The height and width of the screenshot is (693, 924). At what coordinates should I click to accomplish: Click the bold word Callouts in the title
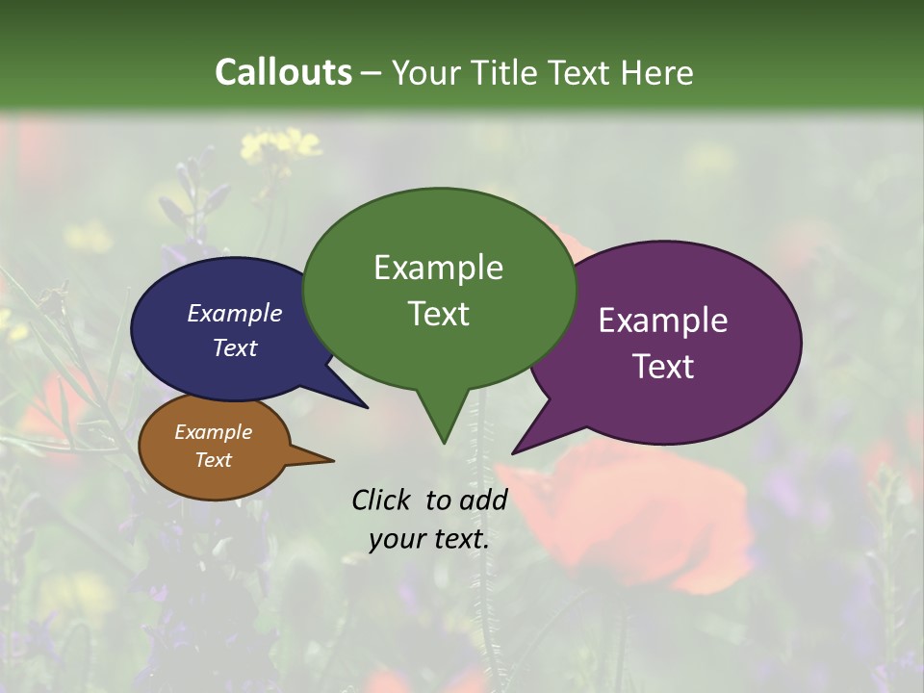pos(283,72)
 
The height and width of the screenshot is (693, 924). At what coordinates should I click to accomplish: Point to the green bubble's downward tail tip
pos(444,442)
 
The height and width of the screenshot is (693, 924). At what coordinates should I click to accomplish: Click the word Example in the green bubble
pos(438,268)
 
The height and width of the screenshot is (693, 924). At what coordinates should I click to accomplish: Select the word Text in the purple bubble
pos(663,367)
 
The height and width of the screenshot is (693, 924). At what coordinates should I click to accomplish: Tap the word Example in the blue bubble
pos(234,313)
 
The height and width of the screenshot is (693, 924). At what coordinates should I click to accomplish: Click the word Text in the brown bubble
pos(214,460)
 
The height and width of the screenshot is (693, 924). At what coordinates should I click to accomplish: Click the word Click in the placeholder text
pos(382,500)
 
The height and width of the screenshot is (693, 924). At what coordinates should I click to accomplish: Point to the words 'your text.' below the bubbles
pos(429,539)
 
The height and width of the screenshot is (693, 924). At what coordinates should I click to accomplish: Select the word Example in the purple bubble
pos(663,321)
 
